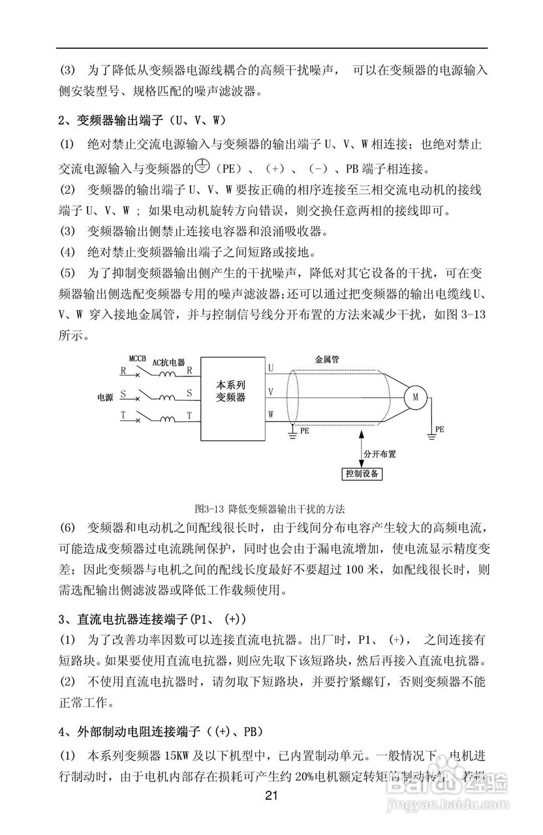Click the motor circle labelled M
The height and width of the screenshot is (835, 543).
[x=414, y=395]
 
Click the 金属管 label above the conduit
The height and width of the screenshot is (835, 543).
[x=326, y=359]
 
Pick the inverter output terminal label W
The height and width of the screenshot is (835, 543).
[x=271, y=413]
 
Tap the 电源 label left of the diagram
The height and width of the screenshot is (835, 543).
[x=105, y=396]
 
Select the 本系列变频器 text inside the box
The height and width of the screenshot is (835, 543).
[x=231, y=391]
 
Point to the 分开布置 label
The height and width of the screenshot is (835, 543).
[x=380, y=452]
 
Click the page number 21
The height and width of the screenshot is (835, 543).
[x=272, y=796]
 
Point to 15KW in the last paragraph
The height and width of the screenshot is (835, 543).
[x=178, y=755]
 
